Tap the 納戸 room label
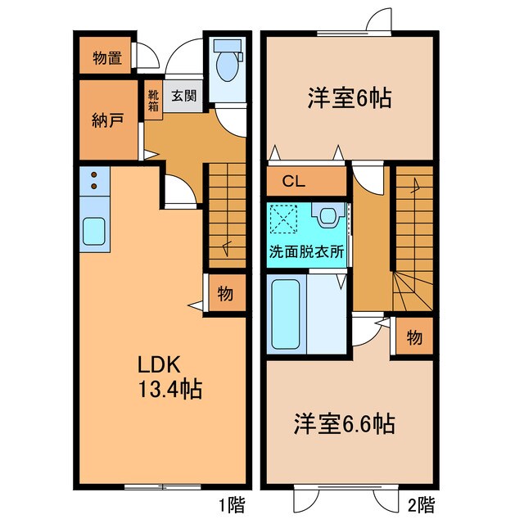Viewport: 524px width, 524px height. (107, 122)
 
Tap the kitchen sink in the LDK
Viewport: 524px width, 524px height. (95, 232)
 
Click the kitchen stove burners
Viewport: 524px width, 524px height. (94, 180)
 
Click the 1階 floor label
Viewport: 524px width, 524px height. (233, 503)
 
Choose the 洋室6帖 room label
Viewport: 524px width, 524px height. (348, 99)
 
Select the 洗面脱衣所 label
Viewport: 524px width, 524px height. (306, 252)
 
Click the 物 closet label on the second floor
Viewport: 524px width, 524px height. (413, 337)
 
